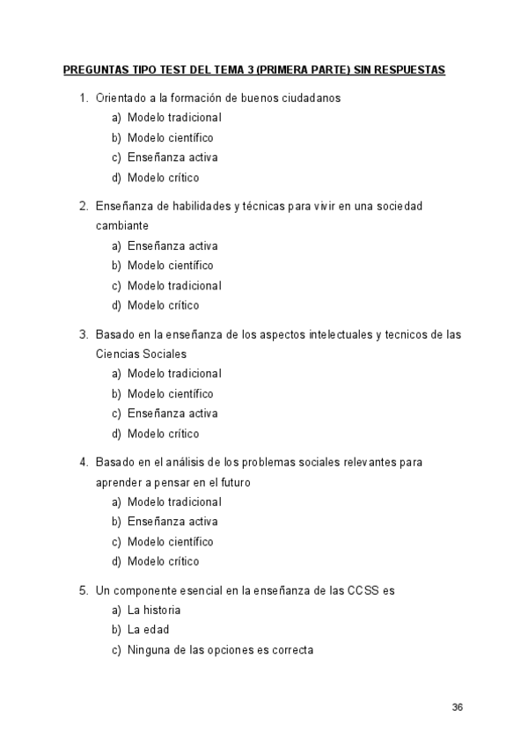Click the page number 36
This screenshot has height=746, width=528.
(457, 707)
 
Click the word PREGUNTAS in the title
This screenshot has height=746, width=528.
(93, 69)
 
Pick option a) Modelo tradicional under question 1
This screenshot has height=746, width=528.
(173, 117)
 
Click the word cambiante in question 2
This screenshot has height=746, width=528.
(121, 225)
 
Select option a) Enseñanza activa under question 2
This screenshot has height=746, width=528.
(172, 245)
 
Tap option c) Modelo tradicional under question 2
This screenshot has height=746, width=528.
(173, 285)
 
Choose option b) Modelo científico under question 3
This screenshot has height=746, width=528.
(170, 393)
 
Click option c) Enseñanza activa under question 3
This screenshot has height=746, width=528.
(172, 413)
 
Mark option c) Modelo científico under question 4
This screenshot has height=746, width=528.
(170, 542)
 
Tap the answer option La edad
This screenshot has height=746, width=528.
(148, 630)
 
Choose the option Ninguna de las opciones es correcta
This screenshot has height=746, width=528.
(220, 650)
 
